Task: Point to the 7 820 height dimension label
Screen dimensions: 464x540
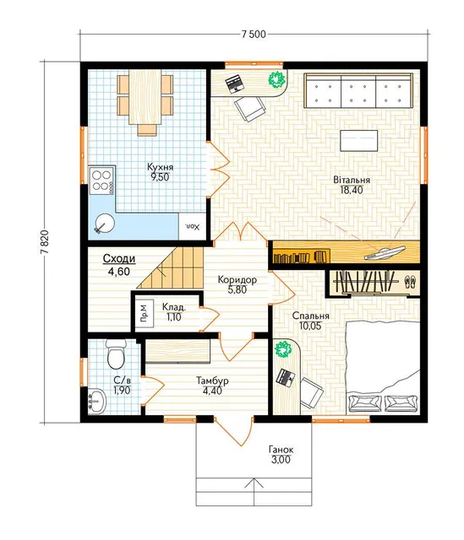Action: click(45, 242)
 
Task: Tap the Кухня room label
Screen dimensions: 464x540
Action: click(160, 167)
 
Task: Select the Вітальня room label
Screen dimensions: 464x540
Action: click(352, 180)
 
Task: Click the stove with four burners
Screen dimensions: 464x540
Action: click(101, 181)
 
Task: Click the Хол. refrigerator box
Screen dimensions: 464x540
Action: click(193, 226)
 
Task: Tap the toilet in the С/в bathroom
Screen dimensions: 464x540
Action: click(116, 354)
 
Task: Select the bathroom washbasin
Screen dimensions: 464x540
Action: click(98, 401)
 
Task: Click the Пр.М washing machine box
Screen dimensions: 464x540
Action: click(144, 313)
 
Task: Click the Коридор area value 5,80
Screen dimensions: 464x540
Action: click(237, 289)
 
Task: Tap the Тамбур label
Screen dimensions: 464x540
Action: click(212, 381)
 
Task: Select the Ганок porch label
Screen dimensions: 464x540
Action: click(281, 450)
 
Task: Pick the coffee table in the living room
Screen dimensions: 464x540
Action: click(359, 141)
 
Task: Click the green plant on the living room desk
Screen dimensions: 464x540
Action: click(276, 80)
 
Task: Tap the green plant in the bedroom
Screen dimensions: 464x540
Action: click(283, 349)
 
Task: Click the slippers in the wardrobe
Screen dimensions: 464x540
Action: click(410, 282)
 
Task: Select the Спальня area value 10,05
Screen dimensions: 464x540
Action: click(310, 326)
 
